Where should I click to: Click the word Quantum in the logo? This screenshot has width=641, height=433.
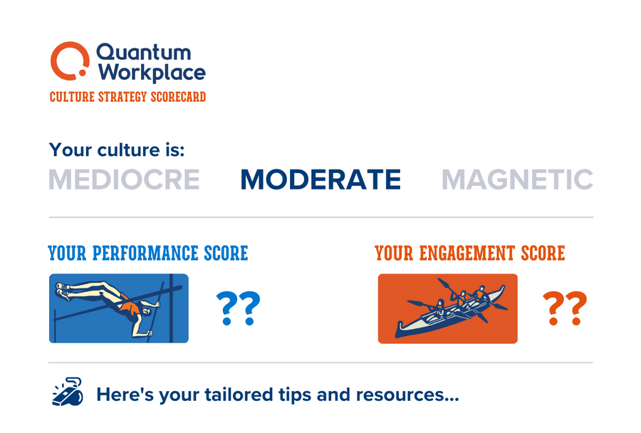click(x=143, y=52)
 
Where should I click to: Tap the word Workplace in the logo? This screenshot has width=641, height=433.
click(x=152, y=73)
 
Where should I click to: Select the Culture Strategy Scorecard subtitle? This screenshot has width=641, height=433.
click(x=127, y=97)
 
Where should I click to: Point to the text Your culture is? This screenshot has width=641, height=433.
click(x=116, y=150)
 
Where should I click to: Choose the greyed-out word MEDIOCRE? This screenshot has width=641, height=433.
click(x=124, y=179)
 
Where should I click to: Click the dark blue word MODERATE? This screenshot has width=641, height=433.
click(x=320, y=179)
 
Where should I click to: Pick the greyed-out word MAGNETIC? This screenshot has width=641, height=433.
click(x=517, y=179)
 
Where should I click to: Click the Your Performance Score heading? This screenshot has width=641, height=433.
click(x=148, y=253)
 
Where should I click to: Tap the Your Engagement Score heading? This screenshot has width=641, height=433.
click(x=470, y=253)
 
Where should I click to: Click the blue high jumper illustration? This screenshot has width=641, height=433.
click(x=119, y=308)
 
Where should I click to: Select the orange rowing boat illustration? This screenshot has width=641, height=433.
click(x=447, y=308)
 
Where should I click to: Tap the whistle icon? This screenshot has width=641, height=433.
click(x=68, y=393)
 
